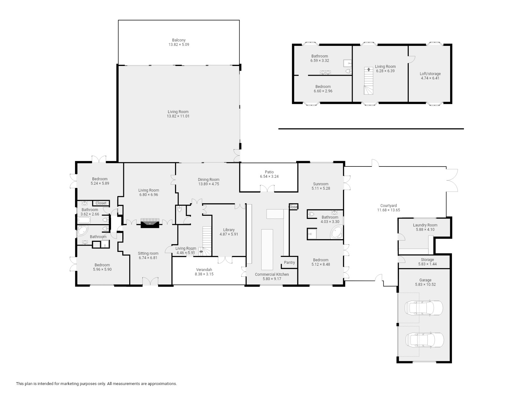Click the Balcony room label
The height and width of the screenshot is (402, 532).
[x=179, y=40]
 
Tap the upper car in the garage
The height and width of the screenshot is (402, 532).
[x=424, y=308]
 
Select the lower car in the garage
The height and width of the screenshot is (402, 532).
[x=425, y=340]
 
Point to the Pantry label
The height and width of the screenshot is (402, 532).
[x=289, y=263]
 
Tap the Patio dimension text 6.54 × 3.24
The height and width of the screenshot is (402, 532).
[x=269, y=177]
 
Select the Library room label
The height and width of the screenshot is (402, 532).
[x=229, y=230]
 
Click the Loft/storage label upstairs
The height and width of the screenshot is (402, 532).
[x=430, y=74]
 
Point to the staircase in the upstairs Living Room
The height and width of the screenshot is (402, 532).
[x=369, y=81]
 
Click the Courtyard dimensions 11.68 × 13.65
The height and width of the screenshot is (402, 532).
[x=388, y=210]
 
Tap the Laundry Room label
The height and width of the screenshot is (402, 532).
[x=425, y=225]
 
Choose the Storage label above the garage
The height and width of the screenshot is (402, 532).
[x=427, y=260]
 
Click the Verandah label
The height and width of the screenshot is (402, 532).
[x=204, y=270]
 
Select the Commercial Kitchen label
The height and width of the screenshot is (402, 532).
[x=272, y=274]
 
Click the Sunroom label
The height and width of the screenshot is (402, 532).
[x=321, y=184]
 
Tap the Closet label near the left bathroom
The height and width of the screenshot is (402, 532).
[x=101, y=203]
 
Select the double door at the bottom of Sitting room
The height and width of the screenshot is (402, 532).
[x=150, y=281]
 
